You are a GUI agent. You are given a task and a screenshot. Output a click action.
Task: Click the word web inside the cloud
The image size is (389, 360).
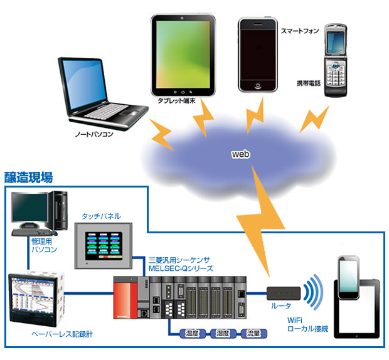pyautogui.click(x=242, y=154)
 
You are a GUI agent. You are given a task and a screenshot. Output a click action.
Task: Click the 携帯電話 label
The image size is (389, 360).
pyautogui.click(x=309, y=83)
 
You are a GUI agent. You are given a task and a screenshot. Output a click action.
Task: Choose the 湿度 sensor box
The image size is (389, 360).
pyautogui.click(x=224, y=333)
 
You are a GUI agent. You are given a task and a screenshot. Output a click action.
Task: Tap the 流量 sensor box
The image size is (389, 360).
pyautogui.click(x=254, y=333)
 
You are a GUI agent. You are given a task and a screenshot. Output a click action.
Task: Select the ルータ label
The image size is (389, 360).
pyautogui.click(x=280, y=309)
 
